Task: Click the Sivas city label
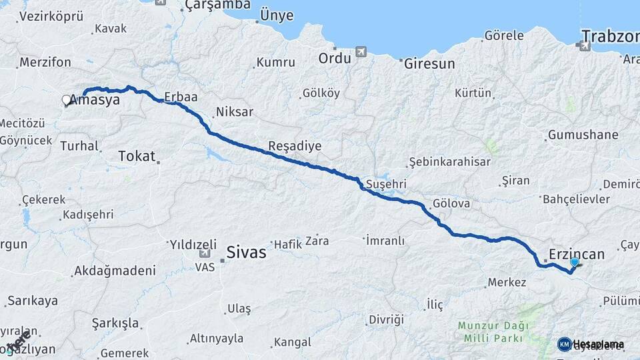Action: [246, 253]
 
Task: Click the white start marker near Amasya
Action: [66, 100]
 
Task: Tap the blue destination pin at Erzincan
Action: [574, 263]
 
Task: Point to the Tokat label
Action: [136, 156]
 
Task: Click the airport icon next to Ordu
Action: [361, 51]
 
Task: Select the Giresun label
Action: [429, 64]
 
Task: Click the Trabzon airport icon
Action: [584, 45]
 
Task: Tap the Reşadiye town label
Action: [295, 146]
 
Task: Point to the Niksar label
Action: [234, 112]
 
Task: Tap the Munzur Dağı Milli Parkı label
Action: [493, 331]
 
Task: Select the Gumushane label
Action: [583, 135]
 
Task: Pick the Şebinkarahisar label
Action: [449, 162]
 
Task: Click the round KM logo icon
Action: [564, 344]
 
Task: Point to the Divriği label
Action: [387, 320]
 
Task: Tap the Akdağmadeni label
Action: [115, 271]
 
